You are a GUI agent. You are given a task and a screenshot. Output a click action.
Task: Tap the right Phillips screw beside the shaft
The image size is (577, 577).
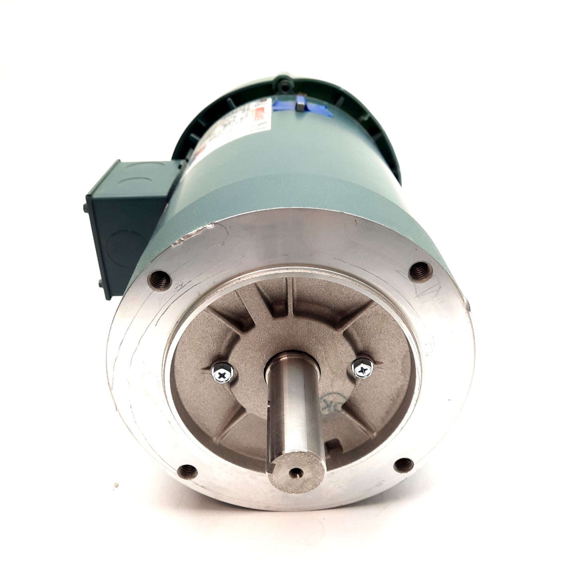[x=363, y=370]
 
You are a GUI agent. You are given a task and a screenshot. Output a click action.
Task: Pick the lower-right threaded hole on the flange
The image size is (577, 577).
[x=402, y=465]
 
